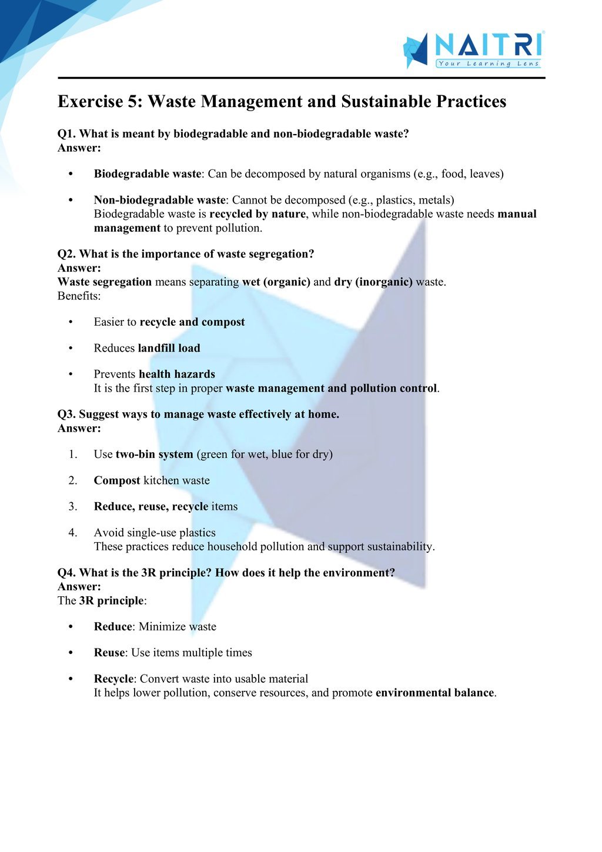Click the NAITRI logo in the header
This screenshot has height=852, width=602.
[x=473, y=49]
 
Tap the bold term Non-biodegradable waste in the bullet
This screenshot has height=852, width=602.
[x=159, y=200]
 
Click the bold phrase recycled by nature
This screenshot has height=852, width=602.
[x=257, y=214]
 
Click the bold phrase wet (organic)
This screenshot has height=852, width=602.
[x=276, y=282]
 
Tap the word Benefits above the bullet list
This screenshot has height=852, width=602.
[x=79, y=296]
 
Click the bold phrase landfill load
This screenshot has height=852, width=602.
[x=169, y=348]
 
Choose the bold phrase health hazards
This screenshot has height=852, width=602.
[x=177, y=374]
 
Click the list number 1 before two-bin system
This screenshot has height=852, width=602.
[x=72, y=455]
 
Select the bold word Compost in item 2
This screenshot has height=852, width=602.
[x=117, y=480]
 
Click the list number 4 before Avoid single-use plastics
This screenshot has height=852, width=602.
[x=72, y=533]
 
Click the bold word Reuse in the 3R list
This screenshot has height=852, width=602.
[x=109, y=653]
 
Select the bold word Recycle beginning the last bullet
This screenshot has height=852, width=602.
[x=114, y=679]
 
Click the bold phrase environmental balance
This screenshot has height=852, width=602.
[x=434, y=693]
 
